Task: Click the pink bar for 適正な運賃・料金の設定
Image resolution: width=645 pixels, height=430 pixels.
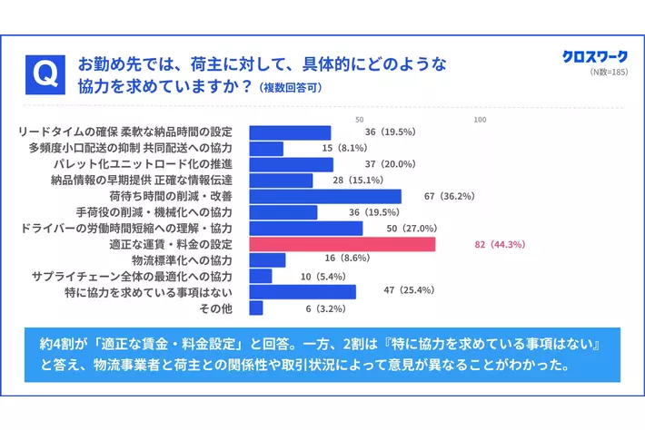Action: (342, 245)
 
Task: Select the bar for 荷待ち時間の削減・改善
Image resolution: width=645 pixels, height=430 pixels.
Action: (324, 197)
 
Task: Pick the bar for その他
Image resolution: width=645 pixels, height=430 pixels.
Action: (256, 308)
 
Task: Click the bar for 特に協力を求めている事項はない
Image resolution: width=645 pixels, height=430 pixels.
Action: (302, 292)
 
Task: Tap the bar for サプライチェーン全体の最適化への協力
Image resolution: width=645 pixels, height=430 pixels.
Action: (260, 276)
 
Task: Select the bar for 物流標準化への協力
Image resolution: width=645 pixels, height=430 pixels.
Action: (267, 260)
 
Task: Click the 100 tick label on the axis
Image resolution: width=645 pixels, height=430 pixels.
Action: (480, 120)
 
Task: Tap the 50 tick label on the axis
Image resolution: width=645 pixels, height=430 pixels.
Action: (360, 120)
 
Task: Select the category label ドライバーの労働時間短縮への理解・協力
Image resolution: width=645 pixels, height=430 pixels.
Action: (126, 229)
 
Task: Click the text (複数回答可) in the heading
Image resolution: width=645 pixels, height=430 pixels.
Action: (290, 89)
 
